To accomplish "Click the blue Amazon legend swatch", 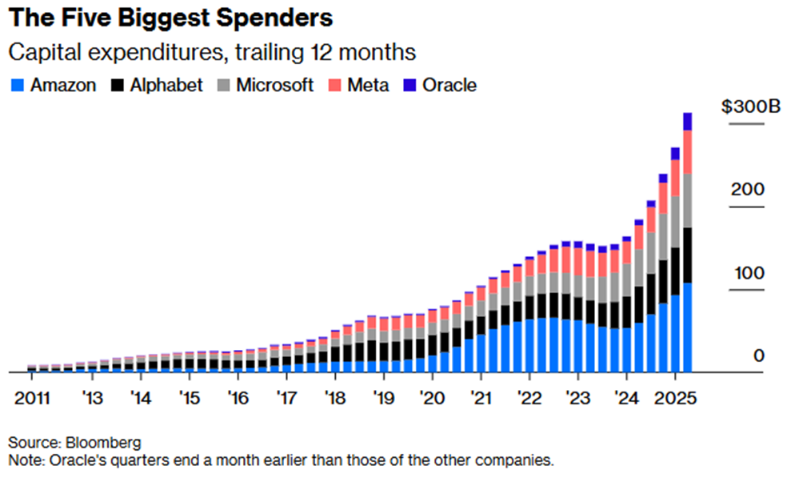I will (17, 85).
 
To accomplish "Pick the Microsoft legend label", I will (275, 85).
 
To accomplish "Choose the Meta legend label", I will (368, 85).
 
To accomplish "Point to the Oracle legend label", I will (449, 85).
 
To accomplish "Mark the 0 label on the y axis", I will (758, 355).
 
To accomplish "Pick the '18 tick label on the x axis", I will (335, 398).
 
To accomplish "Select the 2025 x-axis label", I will (675, 398).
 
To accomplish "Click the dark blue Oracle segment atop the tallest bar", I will (687, 121).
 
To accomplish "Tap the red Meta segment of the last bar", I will (687, 151).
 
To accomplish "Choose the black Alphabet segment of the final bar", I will (687, 255).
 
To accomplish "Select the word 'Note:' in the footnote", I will (26, 460).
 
